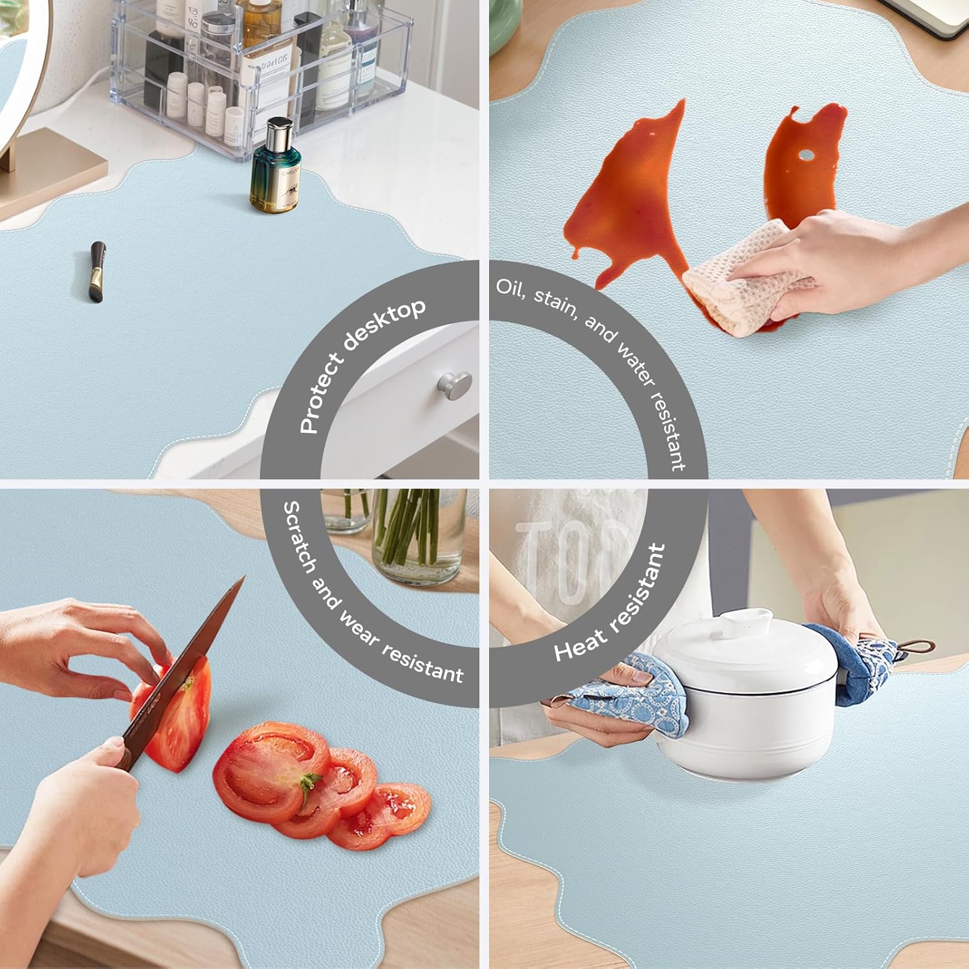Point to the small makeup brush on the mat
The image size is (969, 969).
pyautogui.click(x=97, y=271)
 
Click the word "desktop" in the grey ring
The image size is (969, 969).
pyautogui.click(x=384, y=325)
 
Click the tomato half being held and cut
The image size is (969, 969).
pyautogui.click(x=173, y=711)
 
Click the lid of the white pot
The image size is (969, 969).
pyautogui.click(x=743, y=640)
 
